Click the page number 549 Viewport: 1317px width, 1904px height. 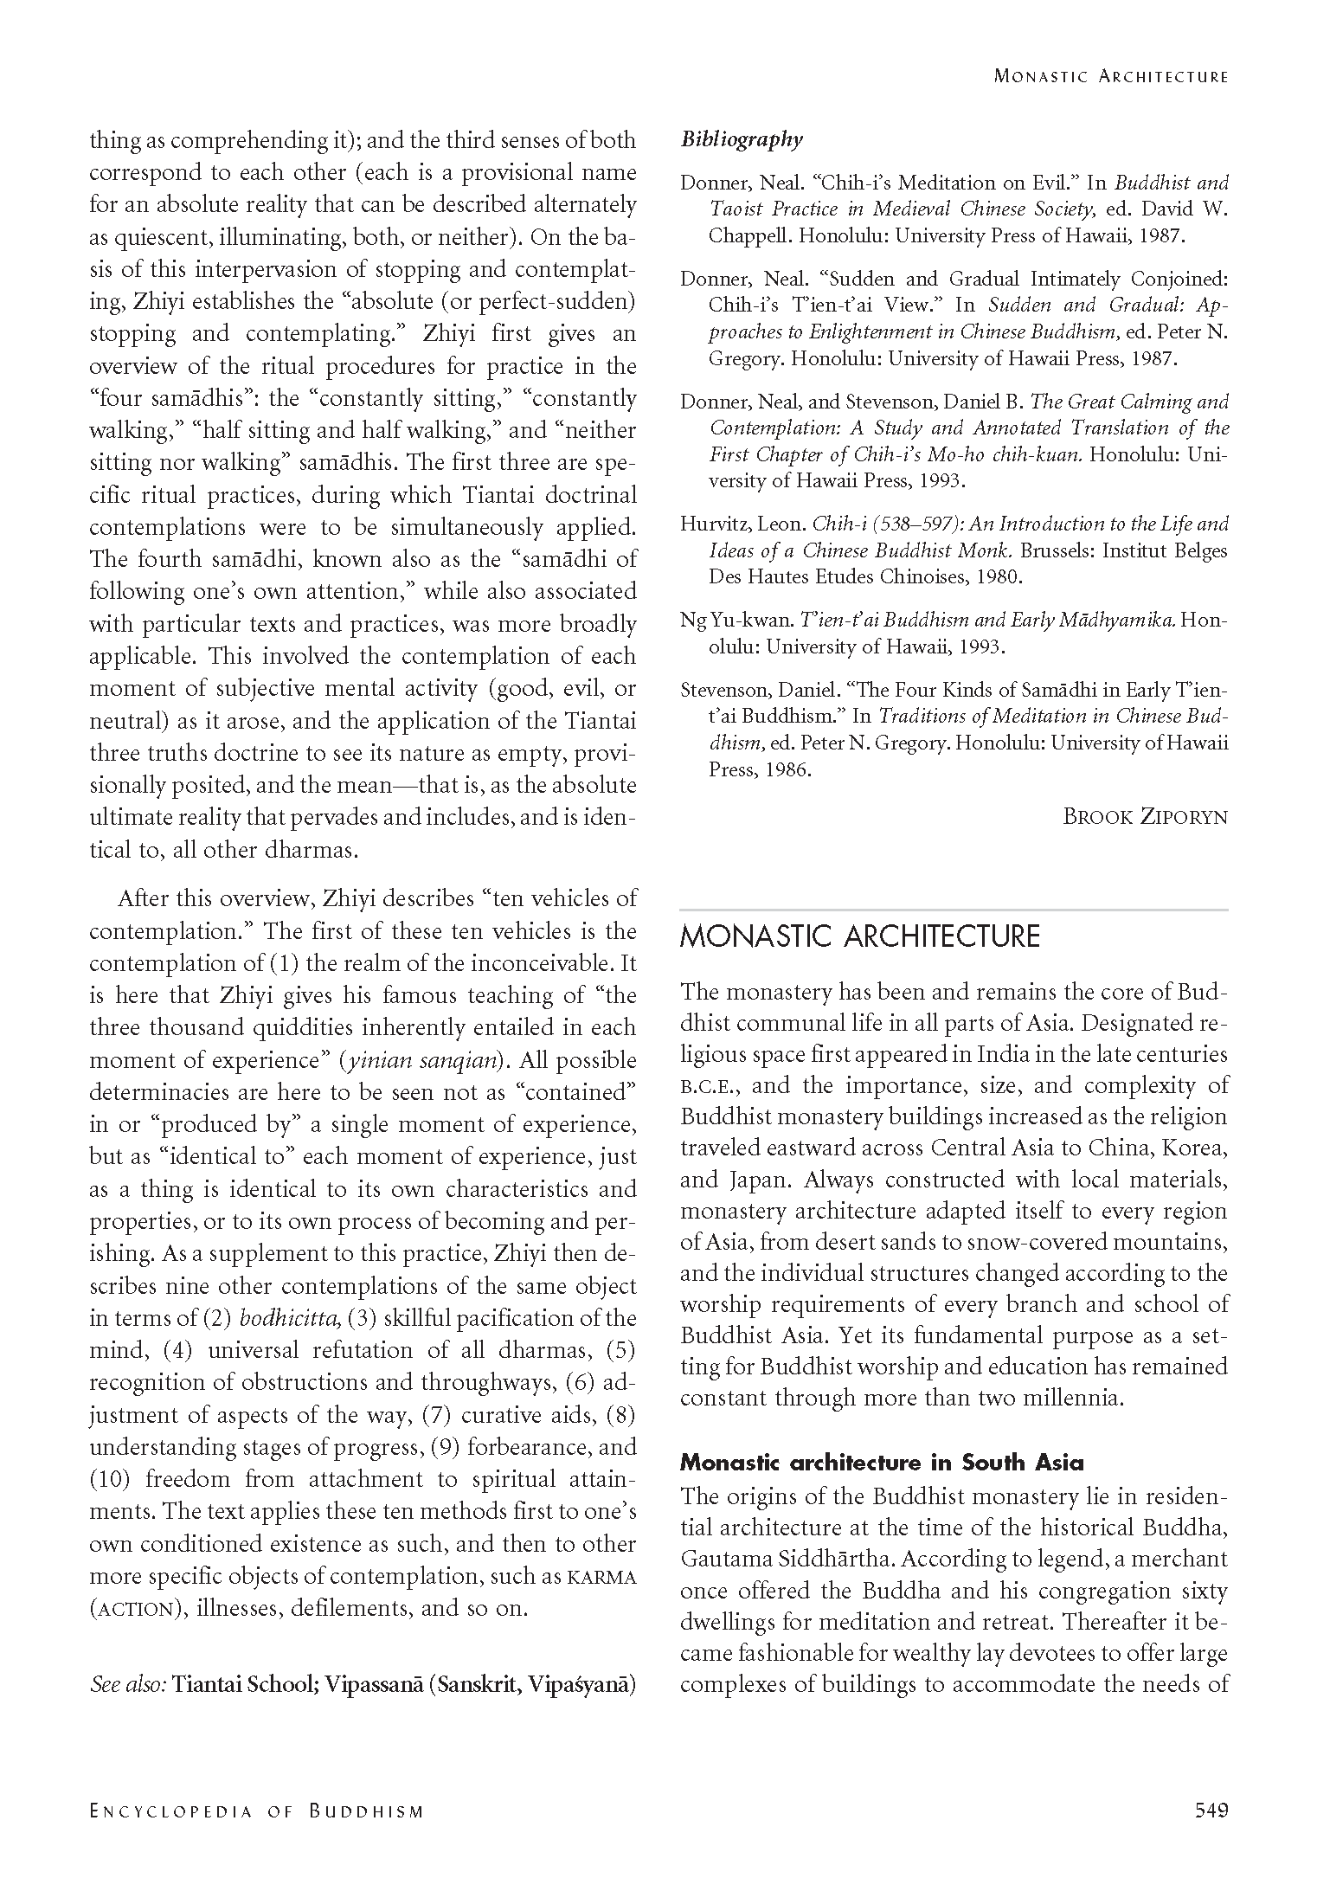[x=1210, y=1810]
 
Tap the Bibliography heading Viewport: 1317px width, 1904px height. [x=742, y=139]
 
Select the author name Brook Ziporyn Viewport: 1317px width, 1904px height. [x=1145, y=816]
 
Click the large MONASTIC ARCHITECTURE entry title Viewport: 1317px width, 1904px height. [x=859, y=937]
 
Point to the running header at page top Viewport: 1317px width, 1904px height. [x=1110, y=76]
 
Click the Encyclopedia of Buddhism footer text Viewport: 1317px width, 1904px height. [x=257, y=1811]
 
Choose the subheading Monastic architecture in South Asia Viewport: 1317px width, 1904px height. [x=881, y=1463]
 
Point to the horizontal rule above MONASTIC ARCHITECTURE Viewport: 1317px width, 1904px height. [x=954, y=910]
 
